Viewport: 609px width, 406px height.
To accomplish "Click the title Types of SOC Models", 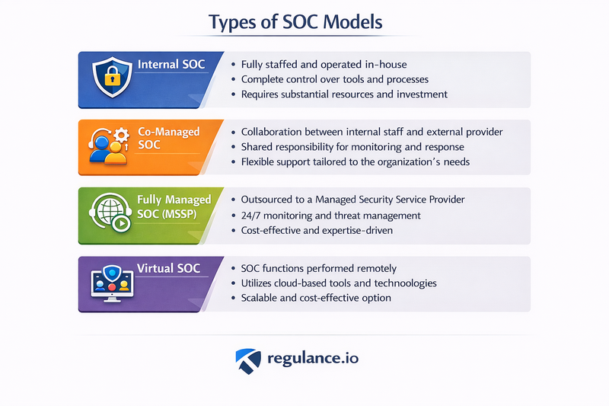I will (x=304, y=24).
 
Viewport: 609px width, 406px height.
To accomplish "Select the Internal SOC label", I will (x=171, y=66).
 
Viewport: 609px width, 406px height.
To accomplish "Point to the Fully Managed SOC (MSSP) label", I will (x=174, y=206).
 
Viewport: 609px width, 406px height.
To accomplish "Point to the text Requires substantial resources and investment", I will (x=343, y=94).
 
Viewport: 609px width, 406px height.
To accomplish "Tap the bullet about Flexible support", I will (x=354, y=162).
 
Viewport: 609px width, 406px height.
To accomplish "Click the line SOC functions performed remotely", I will (x=318, y=268).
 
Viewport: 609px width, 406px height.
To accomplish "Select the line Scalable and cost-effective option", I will (x=315, y=297).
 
